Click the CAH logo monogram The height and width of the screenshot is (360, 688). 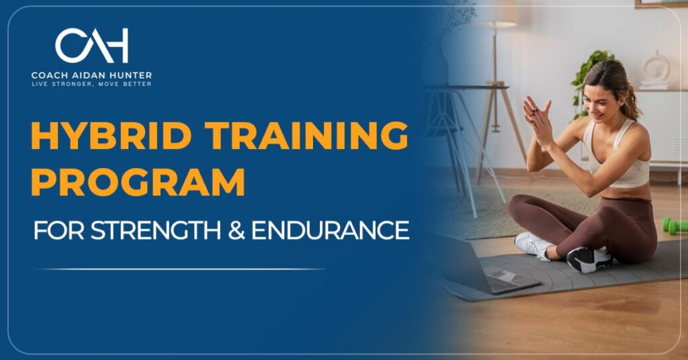click(91, 46)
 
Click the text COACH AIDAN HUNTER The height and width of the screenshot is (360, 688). click(91, 75)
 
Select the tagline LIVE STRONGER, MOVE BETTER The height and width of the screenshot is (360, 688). click(91, 84)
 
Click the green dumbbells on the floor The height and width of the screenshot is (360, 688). click(675, 225)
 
